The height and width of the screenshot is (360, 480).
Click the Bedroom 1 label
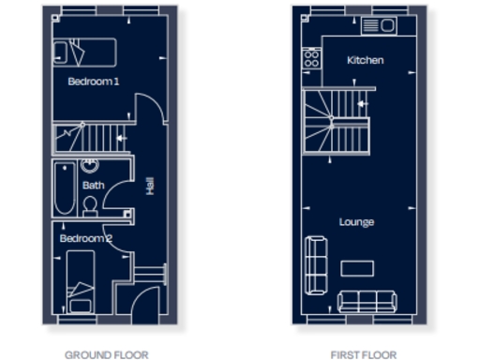click(94, 82)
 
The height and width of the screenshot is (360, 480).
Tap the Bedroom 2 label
click(86, 239)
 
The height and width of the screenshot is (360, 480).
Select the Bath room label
click(93, 186)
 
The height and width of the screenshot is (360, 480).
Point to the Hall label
click(150, 187)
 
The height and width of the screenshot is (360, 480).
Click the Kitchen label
click(365, 60)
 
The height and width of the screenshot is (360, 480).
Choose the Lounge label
click(356, 222)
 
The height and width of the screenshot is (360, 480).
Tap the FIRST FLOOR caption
click(363, 354)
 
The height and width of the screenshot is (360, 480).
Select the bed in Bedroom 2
click(81, 281)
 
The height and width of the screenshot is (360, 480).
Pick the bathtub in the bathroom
click(64, 187)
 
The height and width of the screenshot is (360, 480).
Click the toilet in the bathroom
click(90, 205)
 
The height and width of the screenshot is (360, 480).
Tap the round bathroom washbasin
click(90, 166)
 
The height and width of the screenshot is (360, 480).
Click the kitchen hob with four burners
click(312, 59)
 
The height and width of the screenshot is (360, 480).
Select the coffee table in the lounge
click(356, 269)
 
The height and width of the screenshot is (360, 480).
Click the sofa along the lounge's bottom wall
click(367, 301)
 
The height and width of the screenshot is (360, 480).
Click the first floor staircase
click(336, 122)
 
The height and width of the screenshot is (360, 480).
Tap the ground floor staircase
click(90, 139)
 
